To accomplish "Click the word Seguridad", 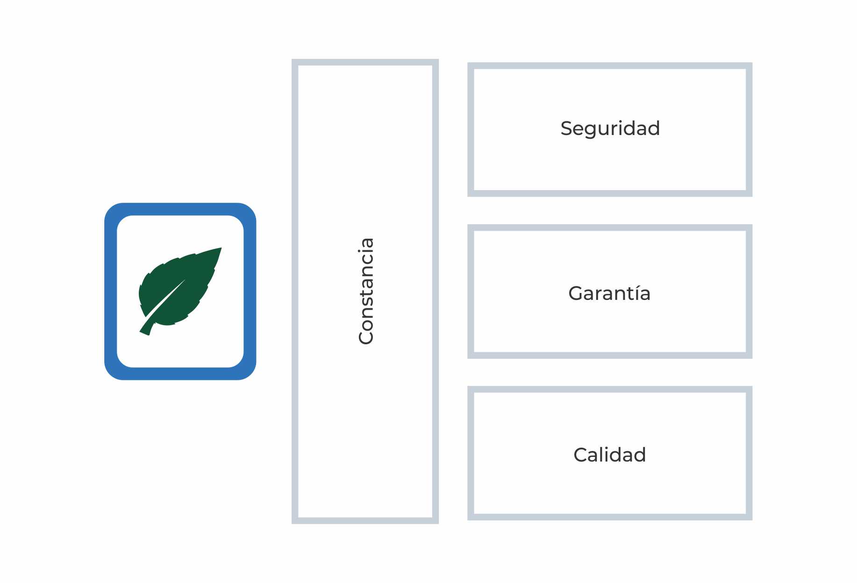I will point(610,128).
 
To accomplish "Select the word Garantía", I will point(609,293).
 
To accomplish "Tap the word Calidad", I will point(609,455).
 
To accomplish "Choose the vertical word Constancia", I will point(366,291).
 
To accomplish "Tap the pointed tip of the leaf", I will point(220,249).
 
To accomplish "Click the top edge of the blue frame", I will point(180,209).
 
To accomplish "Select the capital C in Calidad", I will point(580,455).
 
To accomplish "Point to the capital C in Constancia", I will point(366,337).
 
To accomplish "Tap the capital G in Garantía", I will point(576,293).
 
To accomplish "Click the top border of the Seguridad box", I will point(610,66).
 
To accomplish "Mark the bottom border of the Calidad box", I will point(610,517).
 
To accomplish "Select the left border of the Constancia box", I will point(295,291).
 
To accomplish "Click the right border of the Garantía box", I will point(749,291).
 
